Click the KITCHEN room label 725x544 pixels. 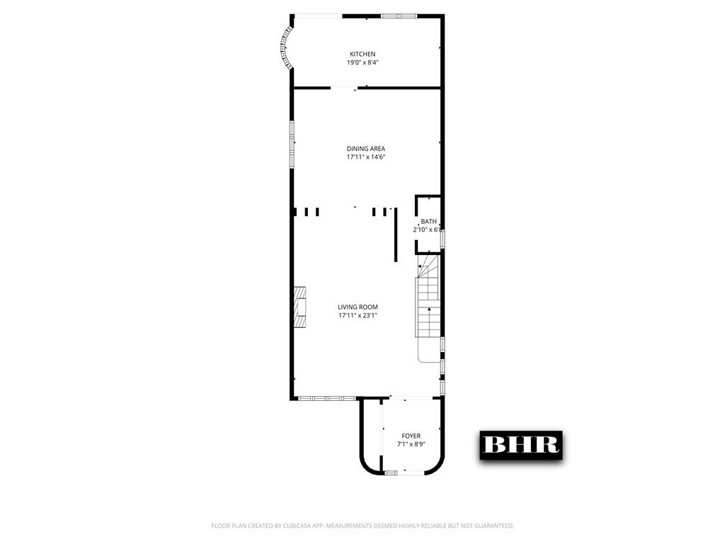click(362, 54)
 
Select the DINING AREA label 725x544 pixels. click(365, 148)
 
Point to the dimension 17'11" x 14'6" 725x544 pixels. click(365, 157)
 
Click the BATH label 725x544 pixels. click(428, 222)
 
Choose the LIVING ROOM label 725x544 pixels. click(358, 307)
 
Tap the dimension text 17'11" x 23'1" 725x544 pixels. click(358, 315)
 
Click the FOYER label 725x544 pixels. click(411, 436)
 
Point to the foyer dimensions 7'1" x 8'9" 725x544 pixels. click(411, 444)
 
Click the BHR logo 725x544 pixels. click(521, 444)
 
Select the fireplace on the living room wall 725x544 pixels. click(302, 307)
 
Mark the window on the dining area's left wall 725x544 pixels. click(291, 144)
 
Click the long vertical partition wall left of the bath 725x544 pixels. click(395, 234)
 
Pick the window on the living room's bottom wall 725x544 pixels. click(326, 398)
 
